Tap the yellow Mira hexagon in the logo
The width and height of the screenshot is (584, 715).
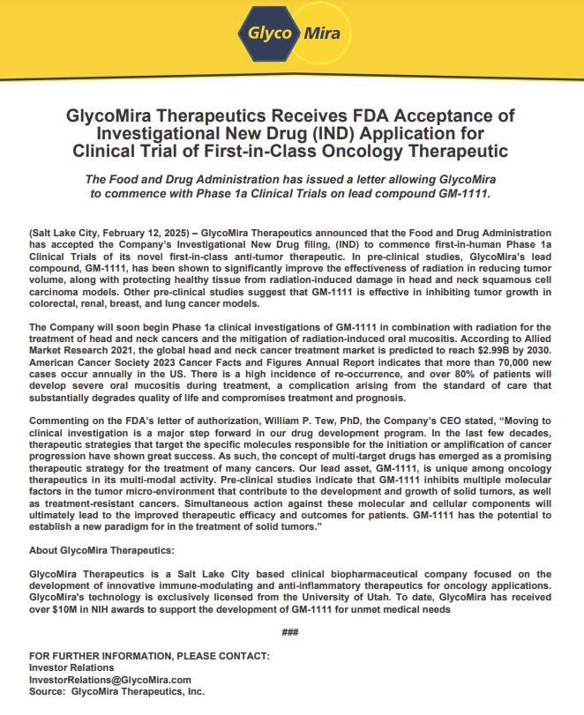[322, 34]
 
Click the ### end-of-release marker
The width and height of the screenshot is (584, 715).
[290, 634]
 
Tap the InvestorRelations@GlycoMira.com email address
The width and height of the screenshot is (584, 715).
[110, 680]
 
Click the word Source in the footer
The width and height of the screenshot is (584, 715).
[46, 691]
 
